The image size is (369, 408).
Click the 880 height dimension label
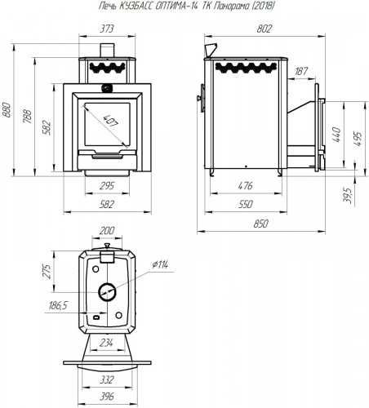pyautogui.click(x=7, y=110)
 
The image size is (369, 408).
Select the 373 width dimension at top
pyautogui.click(x=106, y=29)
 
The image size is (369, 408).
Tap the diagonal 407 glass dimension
pyautogui.click(x=111, y=122)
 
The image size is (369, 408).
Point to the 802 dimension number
pyautogui.click(x=265, y=29)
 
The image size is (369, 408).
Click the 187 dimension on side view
pyautogui.click(x=301, y=71)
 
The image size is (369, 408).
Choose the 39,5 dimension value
pyautogui.click(x=348, y=195)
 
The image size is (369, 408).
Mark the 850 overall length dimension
pyautogui.click(x=261, y=224)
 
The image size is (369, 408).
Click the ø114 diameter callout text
pyautogui.click(x=160, y=264)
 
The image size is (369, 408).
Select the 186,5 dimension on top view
pyautogui.click(x=58, y=306)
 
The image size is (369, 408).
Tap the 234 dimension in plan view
pyautogui.click(x=106, y=343)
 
